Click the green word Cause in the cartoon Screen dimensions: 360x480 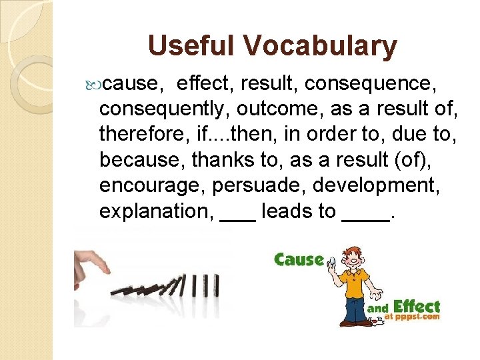pos(299,259)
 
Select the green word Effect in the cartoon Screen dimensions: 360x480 pos(416,307)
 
